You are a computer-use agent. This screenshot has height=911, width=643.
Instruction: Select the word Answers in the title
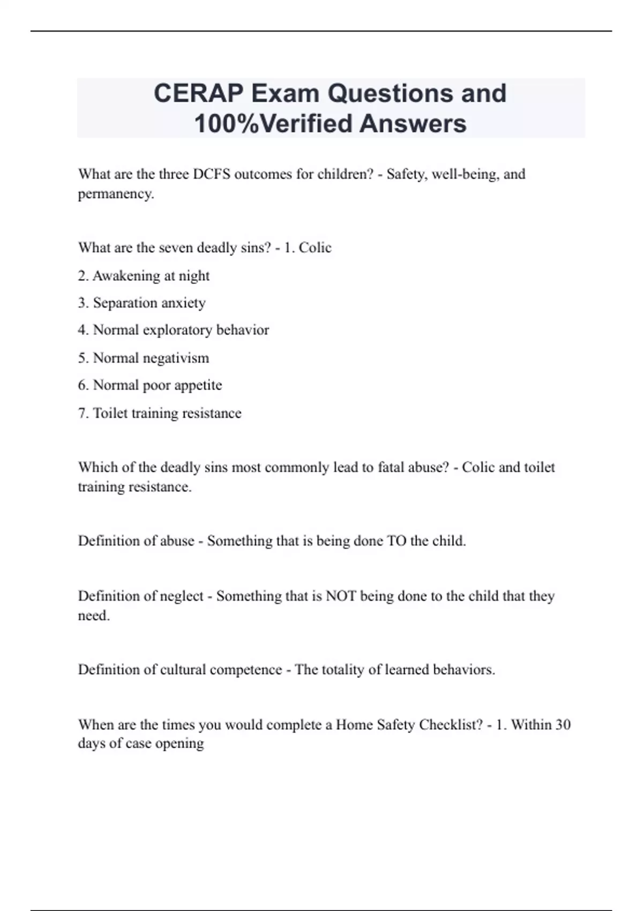413,123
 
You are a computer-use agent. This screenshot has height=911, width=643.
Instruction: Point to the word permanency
115,193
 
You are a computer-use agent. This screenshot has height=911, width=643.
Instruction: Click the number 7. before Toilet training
83,413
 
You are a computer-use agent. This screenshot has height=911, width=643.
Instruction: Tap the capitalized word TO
396,541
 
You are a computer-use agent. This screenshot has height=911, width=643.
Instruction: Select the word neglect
182,596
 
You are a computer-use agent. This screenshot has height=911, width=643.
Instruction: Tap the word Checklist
451,725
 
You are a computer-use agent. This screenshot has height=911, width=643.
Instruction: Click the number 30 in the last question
563,725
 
